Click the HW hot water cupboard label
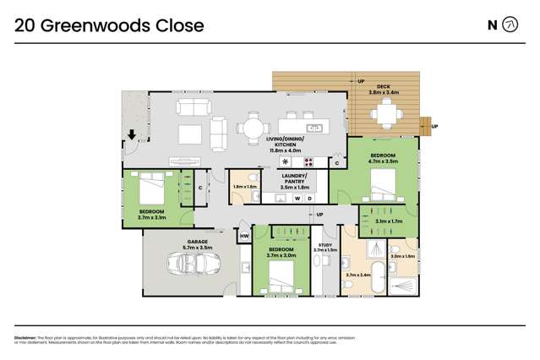[244, 236]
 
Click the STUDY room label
[325, 245]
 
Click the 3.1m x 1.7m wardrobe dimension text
[387, 223]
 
